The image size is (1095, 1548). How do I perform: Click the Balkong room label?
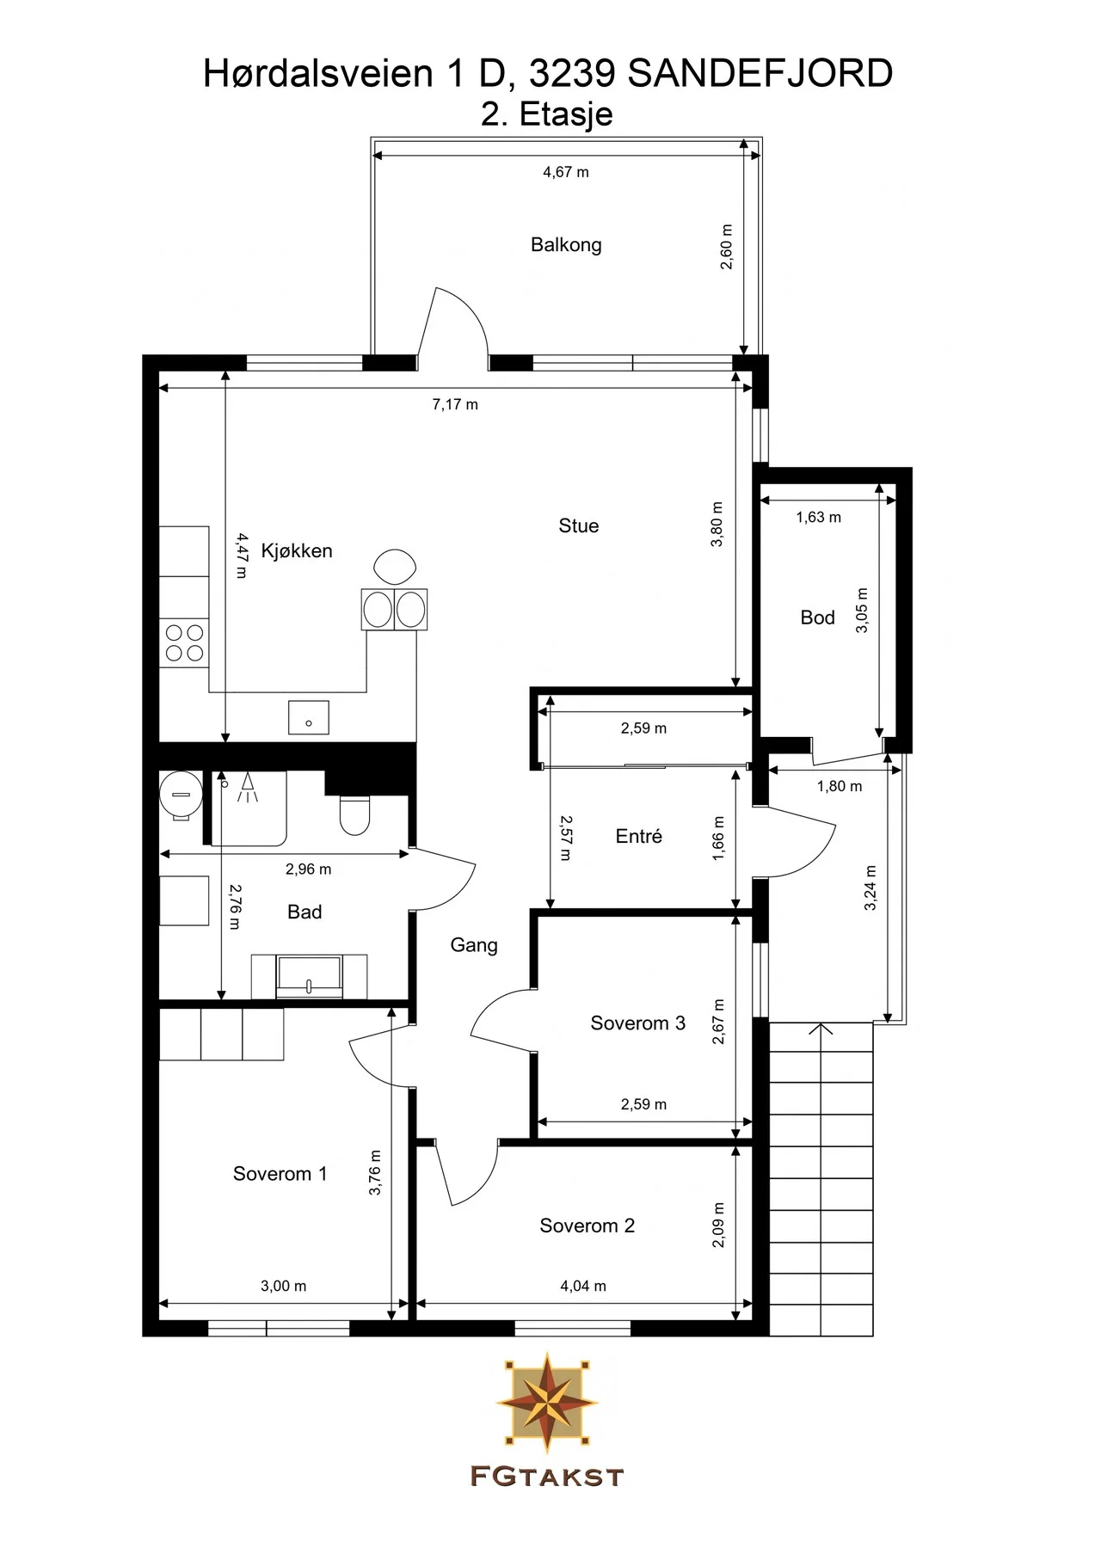[x=566, y=245]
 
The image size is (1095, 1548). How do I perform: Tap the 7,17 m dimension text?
[x=455, y=404]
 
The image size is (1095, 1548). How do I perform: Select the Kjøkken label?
[x=297, y=551]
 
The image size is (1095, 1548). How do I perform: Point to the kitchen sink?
[x=309, y=717]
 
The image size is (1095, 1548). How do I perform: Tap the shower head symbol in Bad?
[x=248, y=787]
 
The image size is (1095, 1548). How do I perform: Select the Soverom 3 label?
[x=637, y=1023]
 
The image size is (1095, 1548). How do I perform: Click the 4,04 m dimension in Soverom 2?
[x=583, y=1287]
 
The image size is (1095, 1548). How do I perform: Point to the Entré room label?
[x=639, y=837]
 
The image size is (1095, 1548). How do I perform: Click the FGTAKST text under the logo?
[x=547, y=1477]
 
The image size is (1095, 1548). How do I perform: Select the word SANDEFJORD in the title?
[x=760, y=75]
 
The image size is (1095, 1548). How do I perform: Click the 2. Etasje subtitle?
[x=547, y=114]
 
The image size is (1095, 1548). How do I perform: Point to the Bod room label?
[x=817, y=617]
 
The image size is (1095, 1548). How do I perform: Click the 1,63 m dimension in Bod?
[x=818, y=518]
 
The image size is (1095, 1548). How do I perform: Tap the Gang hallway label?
[x=474, y=946]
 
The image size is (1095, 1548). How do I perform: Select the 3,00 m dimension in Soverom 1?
[x=283, y=1287]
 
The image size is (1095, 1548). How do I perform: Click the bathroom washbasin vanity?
[x=309, y=976]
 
